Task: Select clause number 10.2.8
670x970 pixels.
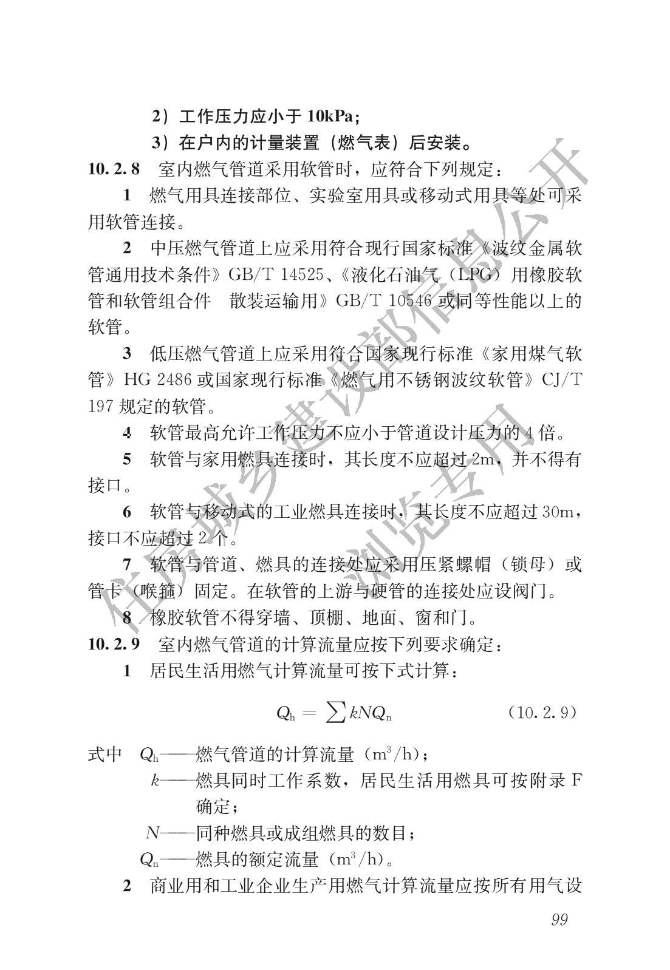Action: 114,169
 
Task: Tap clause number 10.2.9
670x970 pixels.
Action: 114,644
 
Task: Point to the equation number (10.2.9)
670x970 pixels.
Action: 541,712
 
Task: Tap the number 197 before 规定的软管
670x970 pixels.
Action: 100,406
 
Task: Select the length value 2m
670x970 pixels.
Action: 484,459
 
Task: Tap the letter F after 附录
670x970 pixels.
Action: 575,781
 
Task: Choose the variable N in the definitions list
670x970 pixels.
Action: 152,833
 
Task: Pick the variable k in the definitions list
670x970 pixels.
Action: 155,781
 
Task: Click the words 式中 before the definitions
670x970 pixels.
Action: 105,755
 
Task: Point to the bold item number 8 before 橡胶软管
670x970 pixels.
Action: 127,618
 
